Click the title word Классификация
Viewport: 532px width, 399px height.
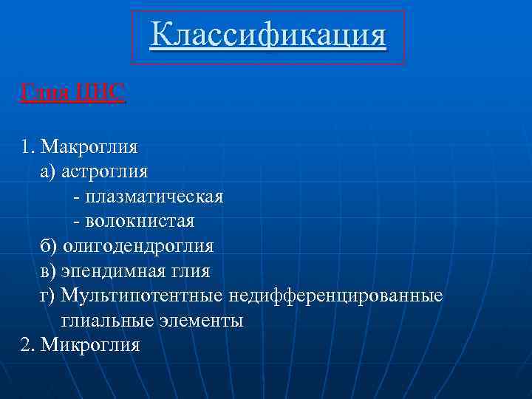[267, 35]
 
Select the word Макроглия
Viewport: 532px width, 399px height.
[89, 146]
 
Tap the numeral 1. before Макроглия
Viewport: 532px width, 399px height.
[29, 146]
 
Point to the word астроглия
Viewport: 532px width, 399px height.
[104, 171]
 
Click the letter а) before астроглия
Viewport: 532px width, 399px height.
[48, 171]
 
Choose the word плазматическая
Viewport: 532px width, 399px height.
[154, 197]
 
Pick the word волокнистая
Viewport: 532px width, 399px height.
[140, 221]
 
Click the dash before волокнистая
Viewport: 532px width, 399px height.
[76, 222]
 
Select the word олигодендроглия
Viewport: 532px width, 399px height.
[138, 246]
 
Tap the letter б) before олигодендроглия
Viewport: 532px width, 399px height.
[49, 246]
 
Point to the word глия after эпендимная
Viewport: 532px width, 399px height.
[191, 271]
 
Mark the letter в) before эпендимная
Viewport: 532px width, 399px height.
[48, 271]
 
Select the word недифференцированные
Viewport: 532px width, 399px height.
[336, 296]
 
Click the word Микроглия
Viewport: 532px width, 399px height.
[90, 346]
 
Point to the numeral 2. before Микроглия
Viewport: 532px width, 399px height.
[29, 346]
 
